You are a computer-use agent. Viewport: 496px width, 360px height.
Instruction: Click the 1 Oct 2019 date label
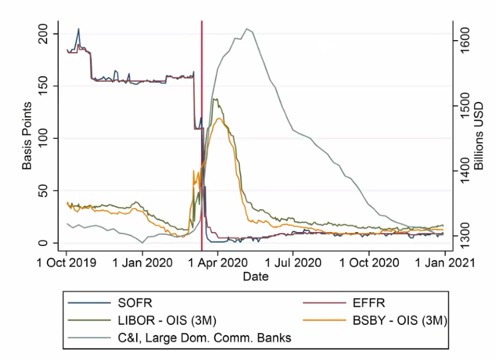click(66, 262)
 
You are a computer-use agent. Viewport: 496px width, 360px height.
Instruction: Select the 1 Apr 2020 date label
click(218, 262)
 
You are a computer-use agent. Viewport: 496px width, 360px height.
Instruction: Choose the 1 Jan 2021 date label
click(443, 262)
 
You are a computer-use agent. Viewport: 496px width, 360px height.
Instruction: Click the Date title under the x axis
click(256, 277)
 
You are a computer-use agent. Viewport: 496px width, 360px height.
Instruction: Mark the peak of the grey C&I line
click(247, 29)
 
